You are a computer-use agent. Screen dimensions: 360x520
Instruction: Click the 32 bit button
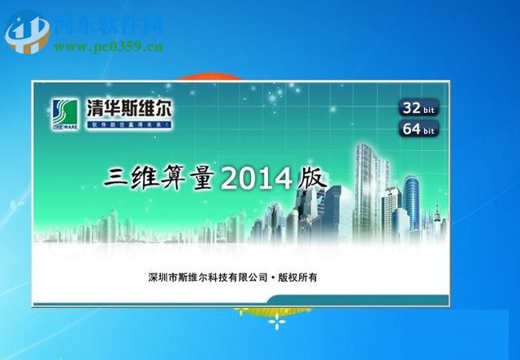[x=418, y=107]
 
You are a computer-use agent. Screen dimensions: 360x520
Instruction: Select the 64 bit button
[x=418, y=128]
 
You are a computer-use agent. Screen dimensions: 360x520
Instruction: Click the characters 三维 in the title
[x=132, y=177]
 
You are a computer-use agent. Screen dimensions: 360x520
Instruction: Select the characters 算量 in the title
[x=190, y=177]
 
